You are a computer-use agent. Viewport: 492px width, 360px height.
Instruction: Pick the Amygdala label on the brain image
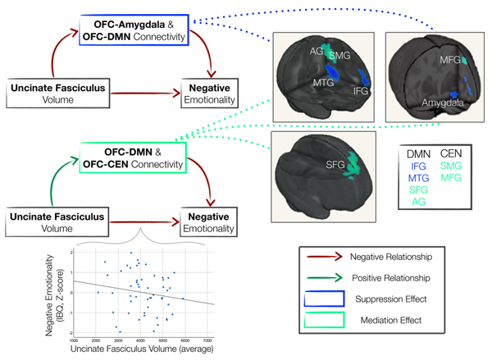pos(444,104)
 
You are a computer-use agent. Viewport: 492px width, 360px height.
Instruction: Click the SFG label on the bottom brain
pos(334,165)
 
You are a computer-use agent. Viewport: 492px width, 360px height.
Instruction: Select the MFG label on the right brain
pos(449,59)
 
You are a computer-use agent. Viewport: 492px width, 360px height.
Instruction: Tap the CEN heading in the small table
pos(452,152)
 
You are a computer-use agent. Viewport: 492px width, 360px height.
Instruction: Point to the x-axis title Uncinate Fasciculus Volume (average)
pos(143,351)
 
